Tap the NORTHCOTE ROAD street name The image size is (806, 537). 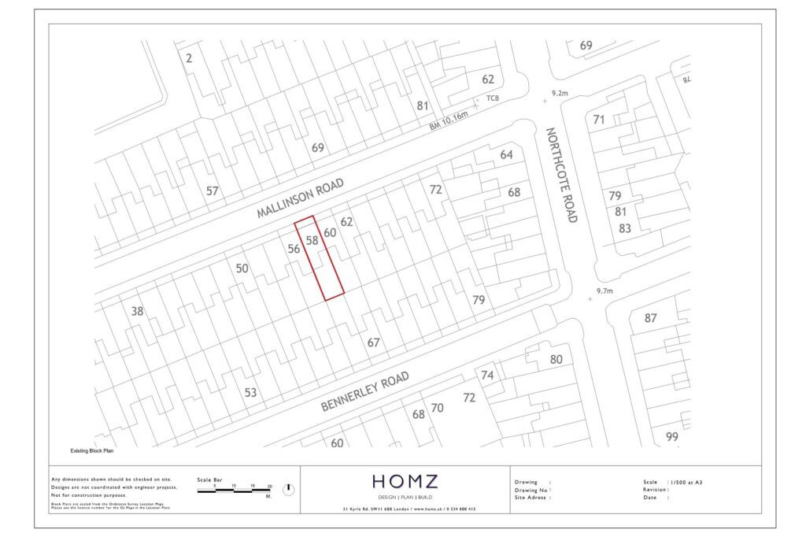point(563,175)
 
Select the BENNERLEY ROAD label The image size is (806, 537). point(365,393)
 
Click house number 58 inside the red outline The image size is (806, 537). point(312,240)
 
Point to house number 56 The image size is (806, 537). point(294,249)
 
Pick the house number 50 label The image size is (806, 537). point(242,268)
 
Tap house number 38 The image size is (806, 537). point(138,311)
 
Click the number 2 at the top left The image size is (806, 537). point(189,57)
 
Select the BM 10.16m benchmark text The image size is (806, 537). point(448,122)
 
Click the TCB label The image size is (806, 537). point(493,98)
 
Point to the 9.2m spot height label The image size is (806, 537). point(560,93)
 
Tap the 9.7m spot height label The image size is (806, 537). point(604,291)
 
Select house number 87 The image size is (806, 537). point(650,318)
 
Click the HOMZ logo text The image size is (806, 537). point(405,481)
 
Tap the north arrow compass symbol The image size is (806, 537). point(288,490)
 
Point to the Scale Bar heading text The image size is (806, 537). point(209,480)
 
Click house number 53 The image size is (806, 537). point(250,392)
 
